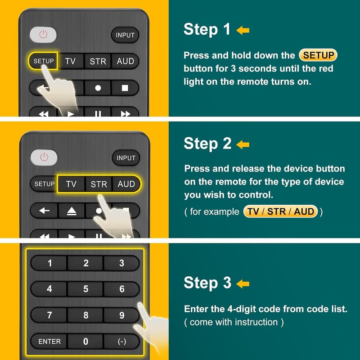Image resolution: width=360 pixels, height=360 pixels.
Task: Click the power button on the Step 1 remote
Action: (43, 35)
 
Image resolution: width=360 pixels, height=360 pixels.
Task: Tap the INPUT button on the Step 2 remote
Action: (126, 158)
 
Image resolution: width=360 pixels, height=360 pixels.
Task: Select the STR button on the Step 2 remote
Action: (99, 184)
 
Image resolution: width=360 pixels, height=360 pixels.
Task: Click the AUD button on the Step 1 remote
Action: (126, 61)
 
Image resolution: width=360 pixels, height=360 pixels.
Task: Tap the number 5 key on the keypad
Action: (85, 289)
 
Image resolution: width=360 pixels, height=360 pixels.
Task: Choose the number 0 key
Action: (85, 342)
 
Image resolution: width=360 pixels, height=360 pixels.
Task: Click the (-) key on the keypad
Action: (121, 342)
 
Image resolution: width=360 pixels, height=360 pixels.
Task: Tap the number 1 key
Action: (49, 263)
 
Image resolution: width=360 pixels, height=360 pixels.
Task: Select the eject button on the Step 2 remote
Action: (72, 211)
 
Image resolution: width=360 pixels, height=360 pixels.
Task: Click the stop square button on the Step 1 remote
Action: (125, 88)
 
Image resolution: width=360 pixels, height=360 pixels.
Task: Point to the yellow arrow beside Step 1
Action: (243, 30)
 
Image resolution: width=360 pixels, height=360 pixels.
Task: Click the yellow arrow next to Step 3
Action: (243, 284)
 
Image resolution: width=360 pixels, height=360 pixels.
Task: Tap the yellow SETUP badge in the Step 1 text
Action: (318, 55)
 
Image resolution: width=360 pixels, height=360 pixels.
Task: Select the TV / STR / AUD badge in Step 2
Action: (280, 211)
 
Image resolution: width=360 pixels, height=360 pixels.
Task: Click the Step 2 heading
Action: (207, 144)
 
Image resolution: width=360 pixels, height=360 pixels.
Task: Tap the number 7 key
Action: (49, 315)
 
